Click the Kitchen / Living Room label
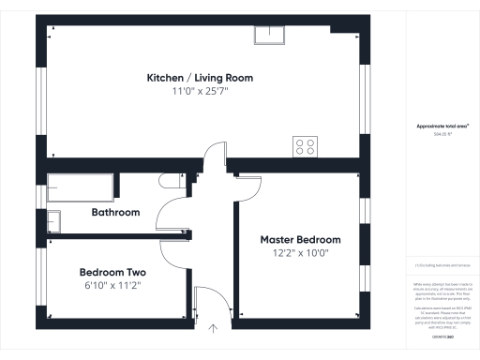click(x=199, y=78)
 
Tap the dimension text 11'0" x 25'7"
click(x=199, y=91)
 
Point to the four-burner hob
click(x=307, y=145)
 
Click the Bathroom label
click(x=115, y=213)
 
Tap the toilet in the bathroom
click(x=171, y=181)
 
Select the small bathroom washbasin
click(x=53, y=221)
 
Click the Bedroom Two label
click(x=110, y=272)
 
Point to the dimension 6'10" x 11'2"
click(x=110, y=285)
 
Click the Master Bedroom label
click(x=300, y=240)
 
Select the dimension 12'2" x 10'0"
click(x=300, y=253)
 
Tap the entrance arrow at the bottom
click(x=213, y=329)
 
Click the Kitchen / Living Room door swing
click(x=217, y=155)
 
